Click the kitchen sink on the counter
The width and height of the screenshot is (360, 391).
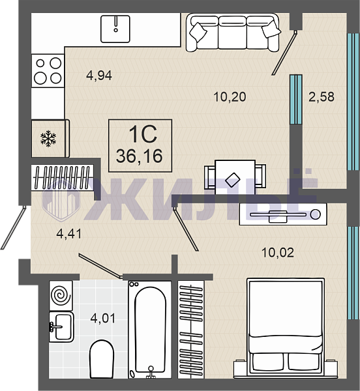pyautogui.click(x=115, y=29)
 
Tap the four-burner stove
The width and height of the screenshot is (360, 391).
pyautogui.click(x=48, y=71)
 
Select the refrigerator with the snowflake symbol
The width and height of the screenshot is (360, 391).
pyautogui.click(x=50, y=138)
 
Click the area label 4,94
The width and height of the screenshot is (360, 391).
pyautogui.click(x=99, y=76)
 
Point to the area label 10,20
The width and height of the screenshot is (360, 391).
pyautogui.click(x=230, y=96)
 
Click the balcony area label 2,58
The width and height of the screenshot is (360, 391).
pyautogui.click(x=322, y=96)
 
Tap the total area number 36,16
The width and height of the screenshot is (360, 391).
pyautogui.click(x=139, y=156)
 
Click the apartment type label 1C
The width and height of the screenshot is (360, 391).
pyautogui.click(x=143, y=134)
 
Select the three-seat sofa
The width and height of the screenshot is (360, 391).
pyautogui.click(x=233, y=33)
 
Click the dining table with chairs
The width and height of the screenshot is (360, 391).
pyautogui.click(x=235, y=177)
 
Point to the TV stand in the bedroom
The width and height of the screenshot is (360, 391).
pyautogui.click(x=283, y=214)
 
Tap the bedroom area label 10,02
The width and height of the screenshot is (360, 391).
pyautogui.click(x=278, y=253)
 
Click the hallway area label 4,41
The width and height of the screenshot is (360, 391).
pyautogui.click(x=69, y=234)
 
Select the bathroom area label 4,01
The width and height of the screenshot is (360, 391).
pyautogui.click(x=103, y=319)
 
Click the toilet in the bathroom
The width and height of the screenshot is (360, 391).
pyautogui.click(x=102, y=359)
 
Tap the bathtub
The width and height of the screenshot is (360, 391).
pyautogui.click(x=150, y=330)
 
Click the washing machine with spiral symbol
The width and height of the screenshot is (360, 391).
pyautogui.click(x=61, y=295)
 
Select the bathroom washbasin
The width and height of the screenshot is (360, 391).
pyautogui.click(x=61, y=326)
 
